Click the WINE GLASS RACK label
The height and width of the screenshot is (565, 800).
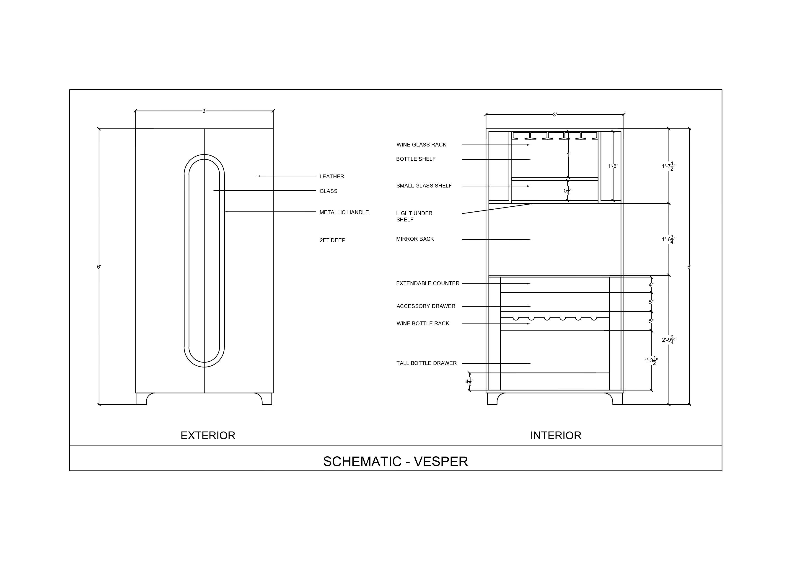421,145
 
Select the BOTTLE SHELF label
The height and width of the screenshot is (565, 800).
416,159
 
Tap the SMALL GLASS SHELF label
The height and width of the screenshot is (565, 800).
424,186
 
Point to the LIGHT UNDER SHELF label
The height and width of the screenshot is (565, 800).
414,216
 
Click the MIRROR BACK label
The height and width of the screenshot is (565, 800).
415,239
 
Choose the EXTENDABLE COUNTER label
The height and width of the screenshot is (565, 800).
428,284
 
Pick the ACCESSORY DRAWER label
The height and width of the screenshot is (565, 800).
426,306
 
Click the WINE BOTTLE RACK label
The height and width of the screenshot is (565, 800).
423,324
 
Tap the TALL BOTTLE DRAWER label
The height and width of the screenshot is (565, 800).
427,363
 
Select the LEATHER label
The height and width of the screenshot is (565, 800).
332,177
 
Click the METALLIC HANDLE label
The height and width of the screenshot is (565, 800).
344,212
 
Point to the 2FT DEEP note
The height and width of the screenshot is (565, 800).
332,241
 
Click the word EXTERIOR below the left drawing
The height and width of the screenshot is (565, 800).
208,436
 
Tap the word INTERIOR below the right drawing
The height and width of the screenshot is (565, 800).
556,436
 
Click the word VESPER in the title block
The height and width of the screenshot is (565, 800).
441,462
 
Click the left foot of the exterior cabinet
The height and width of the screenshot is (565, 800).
141,399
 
